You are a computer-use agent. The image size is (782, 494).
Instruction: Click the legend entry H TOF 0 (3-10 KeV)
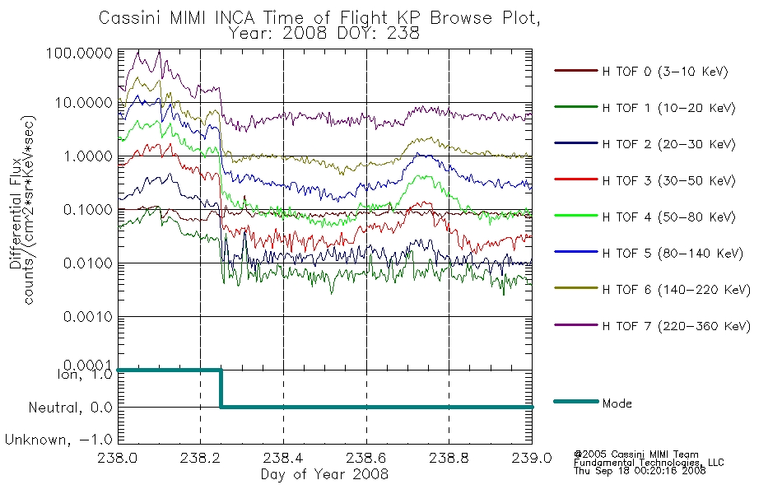[x=665, y=72]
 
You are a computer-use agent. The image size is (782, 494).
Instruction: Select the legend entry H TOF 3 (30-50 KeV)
[x=668, y=180]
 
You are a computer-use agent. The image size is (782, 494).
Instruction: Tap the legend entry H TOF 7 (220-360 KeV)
[x=677, y=326]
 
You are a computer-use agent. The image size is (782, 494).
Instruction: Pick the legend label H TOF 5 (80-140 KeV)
[x=673, y=254]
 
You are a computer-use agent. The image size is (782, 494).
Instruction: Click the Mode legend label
[x=617, y=403]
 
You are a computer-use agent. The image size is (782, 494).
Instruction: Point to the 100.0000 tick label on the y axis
[x=79, y=53]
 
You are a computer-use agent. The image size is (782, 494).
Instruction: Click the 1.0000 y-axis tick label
[x=88, y=156]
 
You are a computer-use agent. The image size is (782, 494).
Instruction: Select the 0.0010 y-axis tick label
[x=88, y=316]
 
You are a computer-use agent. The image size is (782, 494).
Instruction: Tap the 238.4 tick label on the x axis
[x=283, y=458]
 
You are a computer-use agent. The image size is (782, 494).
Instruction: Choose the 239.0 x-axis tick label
[x=532, y=458]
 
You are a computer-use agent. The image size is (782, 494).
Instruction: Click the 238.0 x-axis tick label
[x=118, y=458]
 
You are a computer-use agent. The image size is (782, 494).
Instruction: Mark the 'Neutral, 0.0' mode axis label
[x=70, y=408]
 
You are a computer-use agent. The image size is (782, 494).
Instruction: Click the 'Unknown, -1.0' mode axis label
[x=58, y=440]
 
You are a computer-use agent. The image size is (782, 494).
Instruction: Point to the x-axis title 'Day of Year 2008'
[x=324, y=474]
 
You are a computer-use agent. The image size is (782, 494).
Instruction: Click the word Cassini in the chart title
[x=130, y=18]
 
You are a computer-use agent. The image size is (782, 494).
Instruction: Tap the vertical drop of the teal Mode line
[x=221, y=389]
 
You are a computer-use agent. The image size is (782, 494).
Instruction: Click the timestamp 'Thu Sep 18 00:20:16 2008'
[x=640, y=471]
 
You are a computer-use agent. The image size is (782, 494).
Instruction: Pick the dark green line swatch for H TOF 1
[x=576, y=107]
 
